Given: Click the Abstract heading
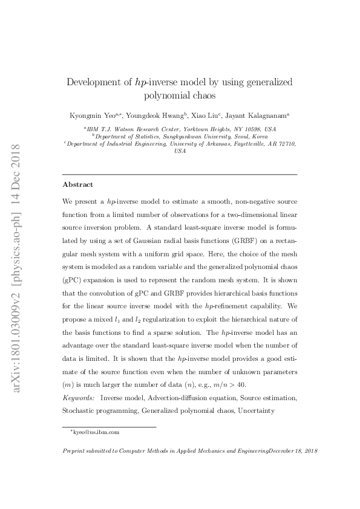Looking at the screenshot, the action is pos(78,184).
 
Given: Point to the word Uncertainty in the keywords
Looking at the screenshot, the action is pos(257,411).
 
